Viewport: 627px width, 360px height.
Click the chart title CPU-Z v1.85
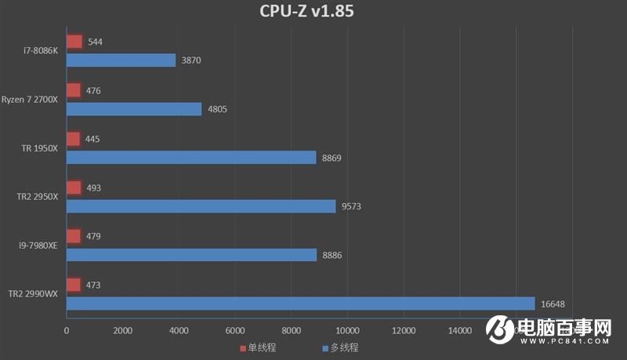coord(312,13)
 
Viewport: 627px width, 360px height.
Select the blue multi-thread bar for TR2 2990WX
coord(300,304)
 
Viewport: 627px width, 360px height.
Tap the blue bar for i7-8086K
coord(121,60)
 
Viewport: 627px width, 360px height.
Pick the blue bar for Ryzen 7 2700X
coord(134,109)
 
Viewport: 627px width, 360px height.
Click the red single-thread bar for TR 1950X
coord(74,139)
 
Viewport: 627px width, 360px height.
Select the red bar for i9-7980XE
coord(74,236)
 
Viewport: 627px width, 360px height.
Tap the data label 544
coord(95,42)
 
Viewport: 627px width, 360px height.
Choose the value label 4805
coord(217,109)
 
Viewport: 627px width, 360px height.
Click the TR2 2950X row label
coord(38,197)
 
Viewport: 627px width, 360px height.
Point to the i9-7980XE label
coord(38,245)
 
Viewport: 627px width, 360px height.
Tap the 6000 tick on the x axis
coord(235,331)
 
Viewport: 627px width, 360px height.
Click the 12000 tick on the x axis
coord(403,331)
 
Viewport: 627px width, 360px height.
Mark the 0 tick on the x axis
coord(67,331)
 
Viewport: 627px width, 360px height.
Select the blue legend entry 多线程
coord(339,347)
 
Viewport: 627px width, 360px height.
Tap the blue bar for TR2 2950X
coord(201,206)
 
